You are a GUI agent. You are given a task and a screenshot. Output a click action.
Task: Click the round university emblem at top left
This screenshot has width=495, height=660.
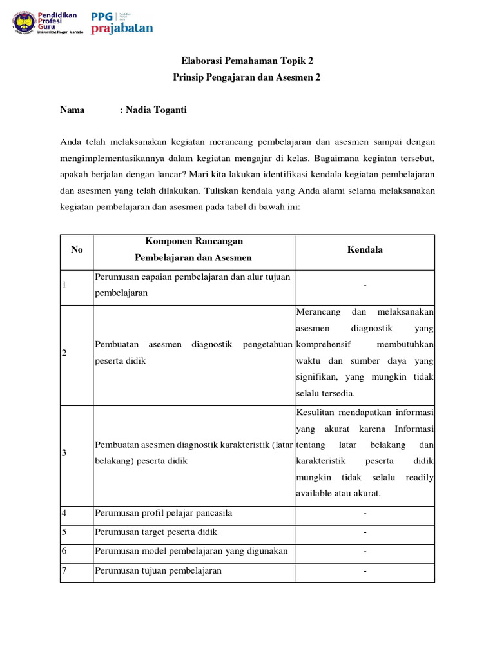click(x=24, y=23)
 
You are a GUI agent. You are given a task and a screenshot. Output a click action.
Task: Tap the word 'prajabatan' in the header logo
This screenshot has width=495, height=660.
click(x=122, y=28)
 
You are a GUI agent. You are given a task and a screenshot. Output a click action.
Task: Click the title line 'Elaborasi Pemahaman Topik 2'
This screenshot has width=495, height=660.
click(x=247, y=61)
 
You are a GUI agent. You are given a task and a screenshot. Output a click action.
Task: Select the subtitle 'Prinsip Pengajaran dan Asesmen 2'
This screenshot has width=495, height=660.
click(x=247, y=77)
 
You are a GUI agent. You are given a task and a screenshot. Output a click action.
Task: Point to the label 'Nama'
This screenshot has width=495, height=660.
click(x=72, y=110)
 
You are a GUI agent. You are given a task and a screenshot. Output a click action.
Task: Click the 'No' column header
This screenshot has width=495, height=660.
click(x=77, y=249)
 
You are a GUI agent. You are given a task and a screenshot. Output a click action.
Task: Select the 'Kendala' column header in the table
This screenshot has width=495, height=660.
click(x=365, y=249)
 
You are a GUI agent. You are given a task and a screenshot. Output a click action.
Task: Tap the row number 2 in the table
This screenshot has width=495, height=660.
click(x=64, y=353)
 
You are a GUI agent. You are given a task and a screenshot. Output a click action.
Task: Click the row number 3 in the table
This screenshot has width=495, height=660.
click(x=64, y=453)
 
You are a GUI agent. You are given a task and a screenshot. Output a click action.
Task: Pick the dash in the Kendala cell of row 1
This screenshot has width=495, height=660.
click(x=365, y=284)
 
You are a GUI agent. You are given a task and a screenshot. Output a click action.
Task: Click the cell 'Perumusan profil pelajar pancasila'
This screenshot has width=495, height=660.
click(x=163, y=514)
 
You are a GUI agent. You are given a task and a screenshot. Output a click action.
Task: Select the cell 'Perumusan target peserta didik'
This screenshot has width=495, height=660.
click(x=156, y=532)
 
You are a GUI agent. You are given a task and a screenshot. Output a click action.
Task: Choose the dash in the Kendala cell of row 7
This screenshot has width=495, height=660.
click(x=365, y=570)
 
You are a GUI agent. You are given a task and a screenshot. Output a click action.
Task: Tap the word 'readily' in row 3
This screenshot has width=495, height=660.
click(x=420, y=478)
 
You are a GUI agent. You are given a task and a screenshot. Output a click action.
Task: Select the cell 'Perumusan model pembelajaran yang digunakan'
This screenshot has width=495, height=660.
click(x=191, y=552)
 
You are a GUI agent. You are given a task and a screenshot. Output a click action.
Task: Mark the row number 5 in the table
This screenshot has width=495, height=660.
click(x=64, y=532)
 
